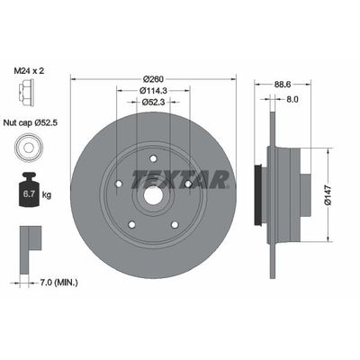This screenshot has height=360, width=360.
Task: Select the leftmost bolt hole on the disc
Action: coord(119,187)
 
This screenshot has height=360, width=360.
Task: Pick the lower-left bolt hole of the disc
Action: coord(132,225)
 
